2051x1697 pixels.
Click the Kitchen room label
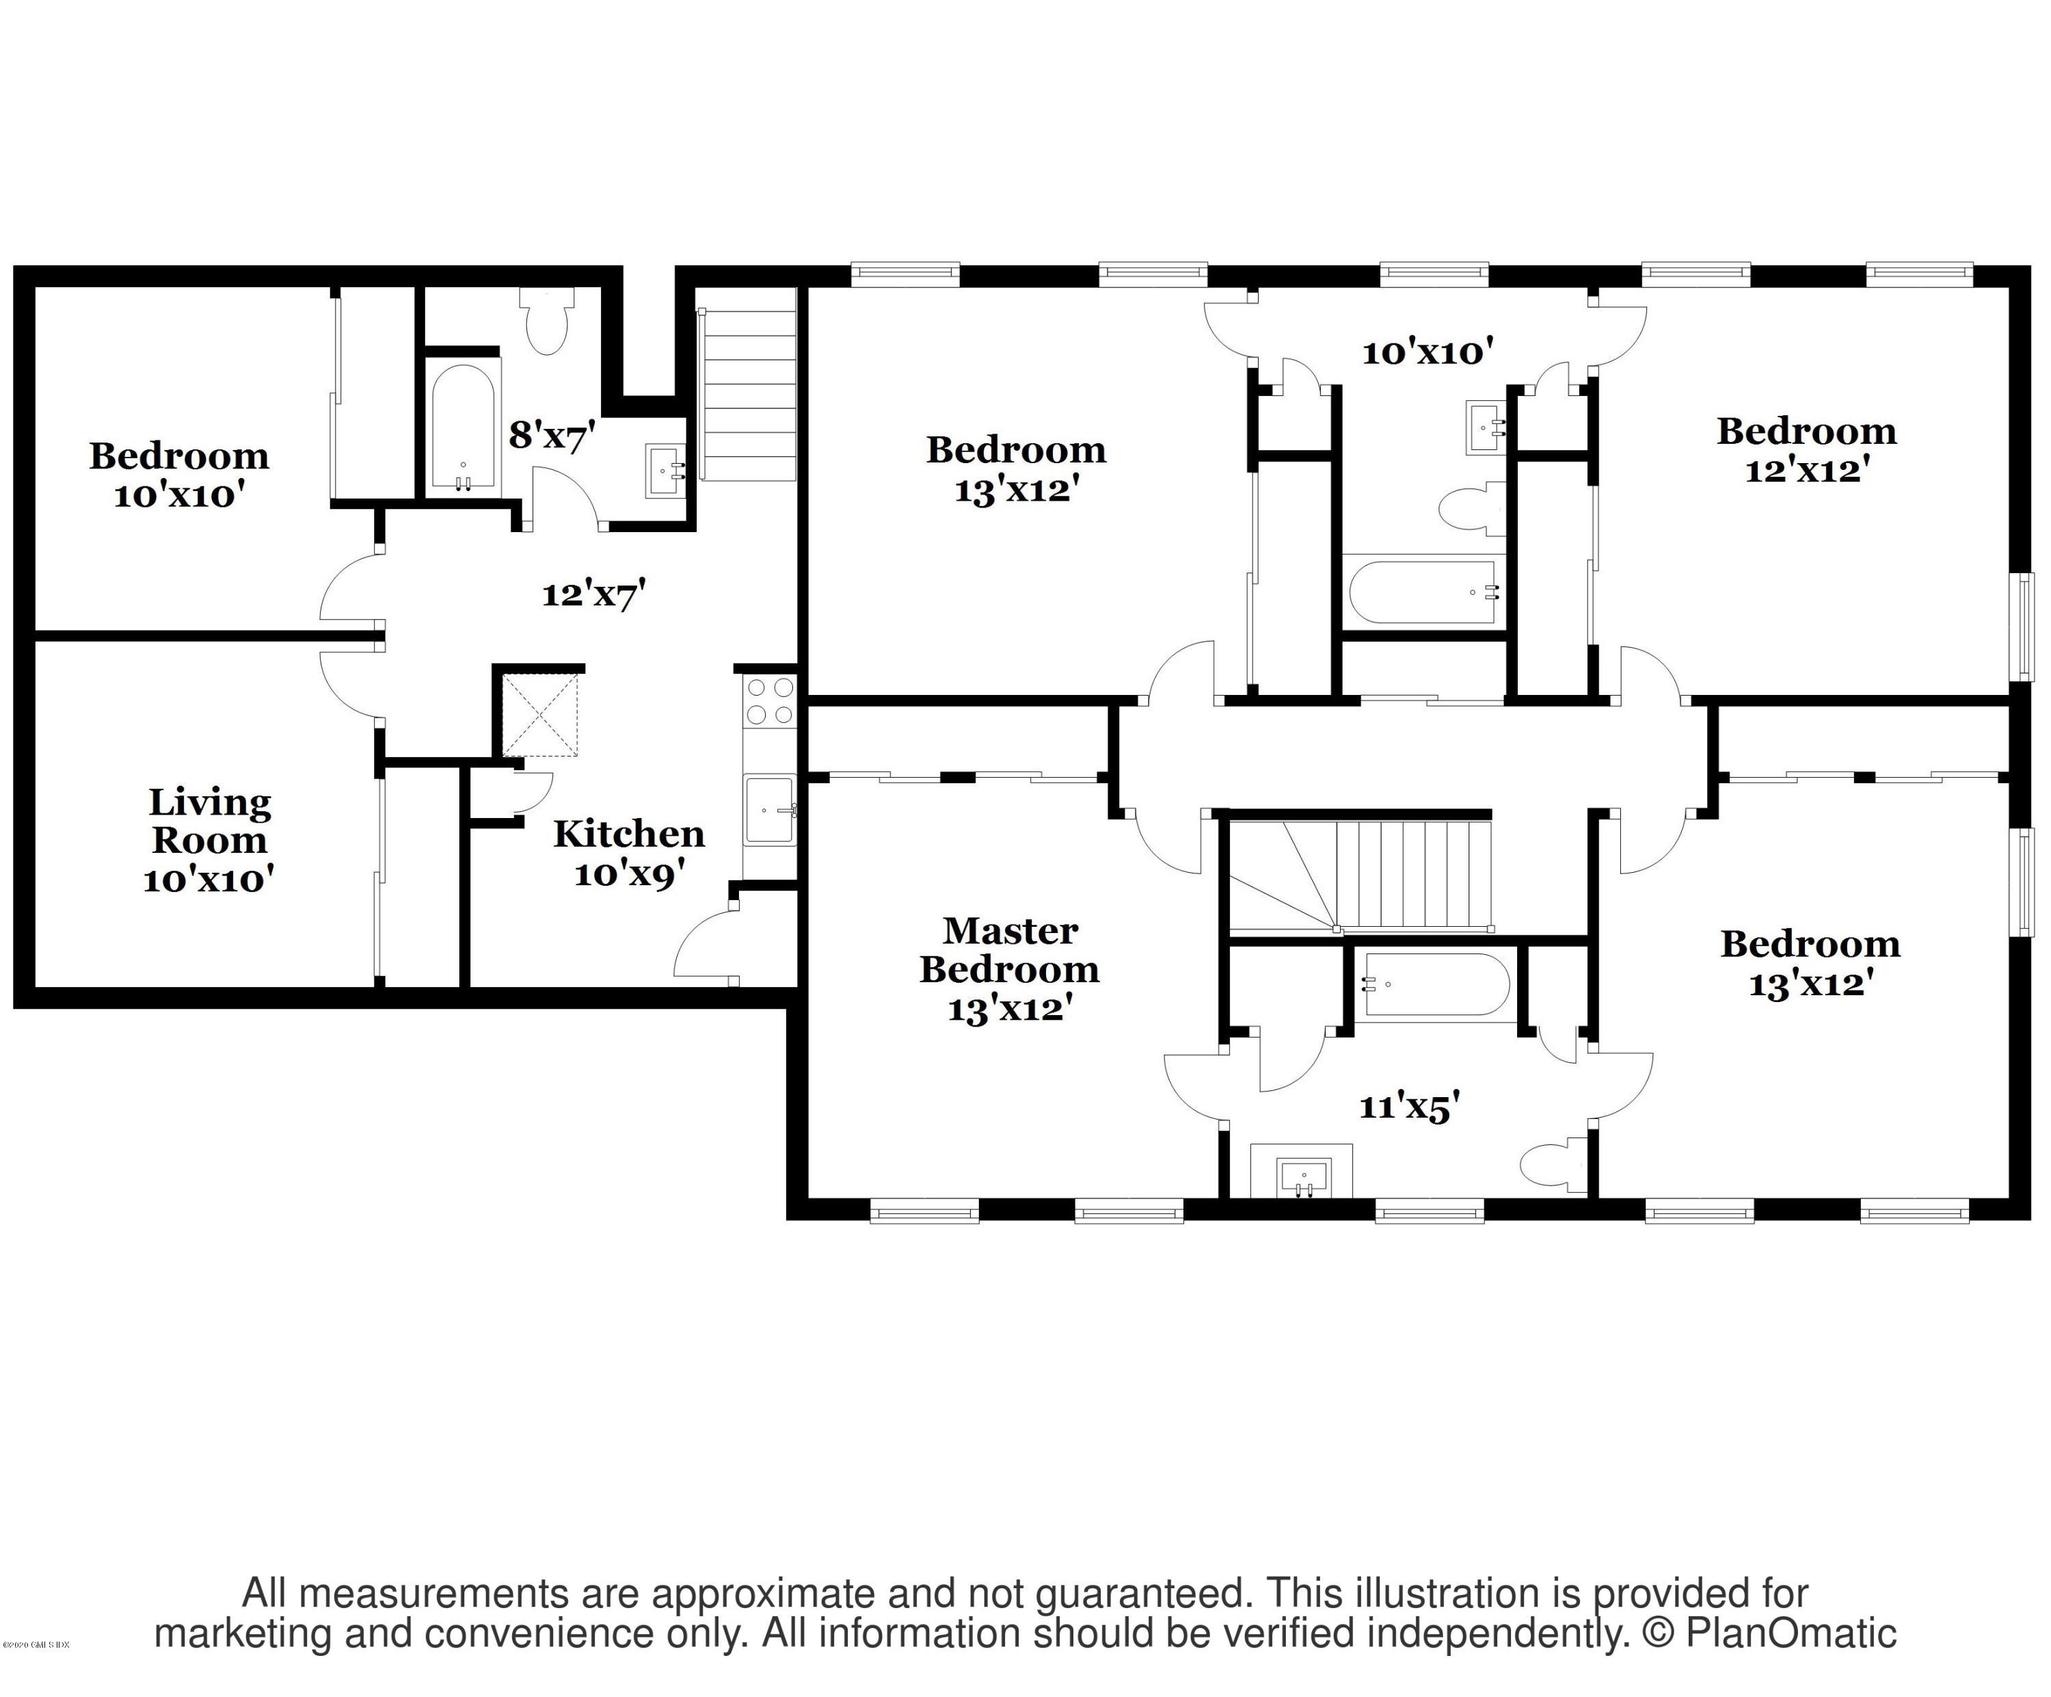[629, 833]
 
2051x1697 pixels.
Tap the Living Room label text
[209, 821]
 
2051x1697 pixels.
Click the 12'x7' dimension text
[594, 593]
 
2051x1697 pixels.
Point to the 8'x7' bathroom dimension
[552, 435]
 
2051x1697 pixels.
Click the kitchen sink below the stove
[770, 809]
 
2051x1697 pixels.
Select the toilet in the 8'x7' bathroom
[547, 322]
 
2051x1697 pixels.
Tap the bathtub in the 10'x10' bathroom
[1422, 591]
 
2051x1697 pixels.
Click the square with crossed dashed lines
[540, 714]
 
